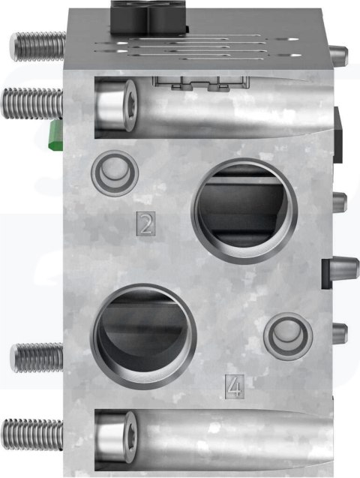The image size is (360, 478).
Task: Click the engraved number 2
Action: [x=146, y=224]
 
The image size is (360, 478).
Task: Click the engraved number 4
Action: [x=235, y=386]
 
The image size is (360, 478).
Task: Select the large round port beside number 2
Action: [x=242, y=210]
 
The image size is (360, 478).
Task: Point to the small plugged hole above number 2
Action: [x=115, y=173]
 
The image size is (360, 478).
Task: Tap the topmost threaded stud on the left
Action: [x=36, y=46]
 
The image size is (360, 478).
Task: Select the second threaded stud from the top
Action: [x=32, y=101]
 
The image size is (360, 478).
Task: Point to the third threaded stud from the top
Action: [x=36, y=357]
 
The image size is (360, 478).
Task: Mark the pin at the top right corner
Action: [x=338, y=55]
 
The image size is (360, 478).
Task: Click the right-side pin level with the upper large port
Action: [x=338, y=201]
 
